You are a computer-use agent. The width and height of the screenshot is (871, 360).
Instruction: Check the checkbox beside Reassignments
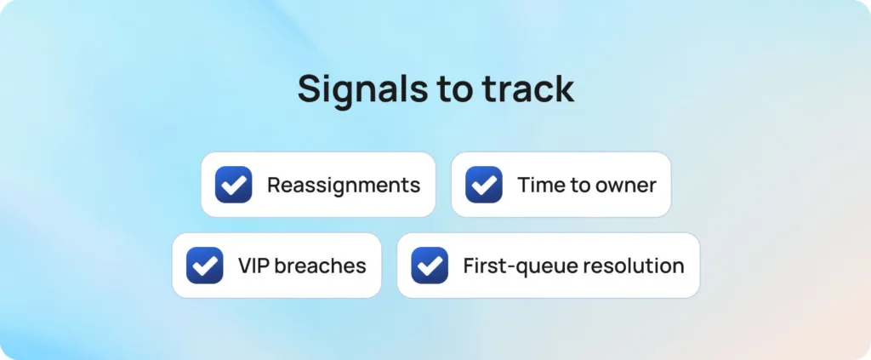pos(233,185)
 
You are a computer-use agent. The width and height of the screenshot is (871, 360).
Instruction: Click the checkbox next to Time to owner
pos(484,185)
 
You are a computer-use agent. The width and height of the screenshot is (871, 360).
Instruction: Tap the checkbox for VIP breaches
pos(204,265)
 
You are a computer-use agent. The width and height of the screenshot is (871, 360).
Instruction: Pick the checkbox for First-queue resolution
pos(430,265)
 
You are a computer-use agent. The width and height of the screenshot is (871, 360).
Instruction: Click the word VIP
pos(253,266)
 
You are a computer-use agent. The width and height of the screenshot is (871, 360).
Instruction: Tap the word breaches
pos(321,266)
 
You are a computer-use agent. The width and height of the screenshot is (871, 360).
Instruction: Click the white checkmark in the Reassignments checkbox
pos(234,185)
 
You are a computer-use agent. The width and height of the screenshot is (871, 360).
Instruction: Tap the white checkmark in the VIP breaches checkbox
pos(205,266)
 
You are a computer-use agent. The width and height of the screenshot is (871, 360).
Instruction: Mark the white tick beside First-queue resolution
pos(430,266)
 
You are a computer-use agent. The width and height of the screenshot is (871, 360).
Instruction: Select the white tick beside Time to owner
pos(484,185)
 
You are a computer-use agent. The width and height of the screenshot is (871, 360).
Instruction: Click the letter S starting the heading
pos(310,89)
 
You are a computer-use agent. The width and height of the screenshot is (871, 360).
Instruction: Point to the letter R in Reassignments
pos(274,186)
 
